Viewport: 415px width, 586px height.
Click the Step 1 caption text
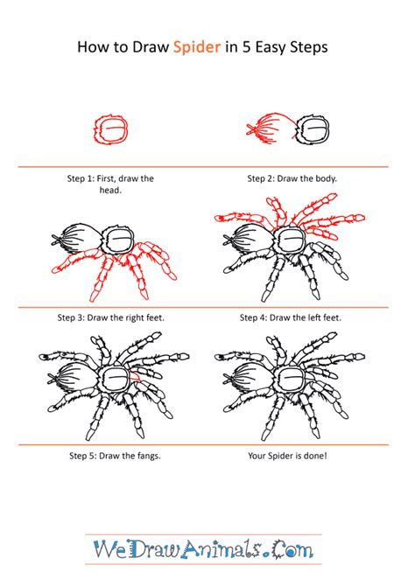pos(110,185)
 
